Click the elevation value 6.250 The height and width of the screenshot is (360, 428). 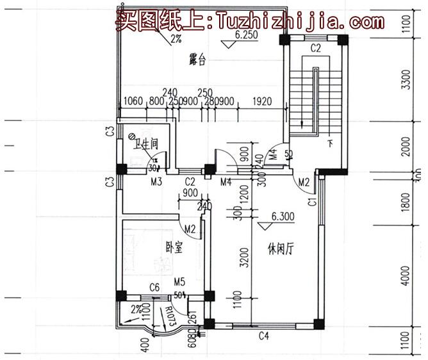[x=246, y=36]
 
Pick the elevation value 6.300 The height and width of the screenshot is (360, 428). [x=283, y=217]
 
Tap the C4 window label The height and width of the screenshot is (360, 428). [x=263, y=335]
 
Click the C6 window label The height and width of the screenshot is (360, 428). [x=154, y=286]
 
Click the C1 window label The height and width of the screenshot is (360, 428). [x=312, y=203]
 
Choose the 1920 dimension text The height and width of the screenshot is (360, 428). [x=263, y=101]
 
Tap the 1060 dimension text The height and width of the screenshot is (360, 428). [x=133, y=101]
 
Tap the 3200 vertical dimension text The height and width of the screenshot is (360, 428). [x=244, y=258]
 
